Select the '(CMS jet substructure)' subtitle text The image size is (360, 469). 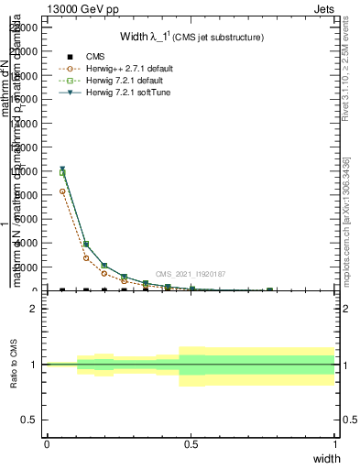(219, 38)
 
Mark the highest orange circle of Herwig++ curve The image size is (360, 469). (62, 191)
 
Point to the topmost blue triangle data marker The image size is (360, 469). (62, 169)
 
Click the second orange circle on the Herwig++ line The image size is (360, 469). (86, 258)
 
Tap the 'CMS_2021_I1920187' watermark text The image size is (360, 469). (190, 274)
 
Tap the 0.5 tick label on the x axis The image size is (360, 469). (191, 444)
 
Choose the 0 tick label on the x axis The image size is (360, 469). (47, 444)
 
